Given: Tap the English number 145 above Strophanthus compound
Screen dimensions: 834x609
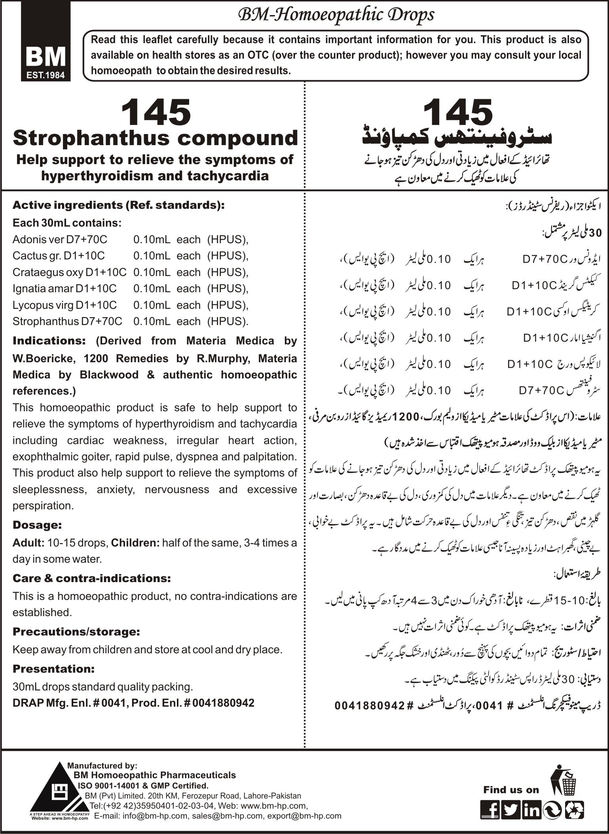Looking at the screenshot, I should coord(156,113).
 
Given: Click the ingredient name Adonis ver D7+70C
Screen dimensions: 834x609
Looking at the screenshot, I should coord(60,240).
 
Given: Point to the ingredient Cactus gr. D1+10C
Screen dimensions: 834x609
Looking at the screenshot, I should coord(59,256).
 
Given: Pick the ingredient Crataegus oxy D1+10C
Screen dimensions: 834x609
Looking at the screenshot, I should coord(69,272).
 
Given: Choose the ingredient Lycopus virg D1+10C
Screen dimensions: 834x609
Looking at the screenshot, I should coord(64,305).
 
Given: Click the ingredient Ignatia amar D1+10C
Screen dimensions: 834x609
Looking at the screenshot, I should coord(65,289).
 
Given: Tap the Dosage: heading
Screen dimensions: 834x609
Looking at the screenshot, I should coord(37,525).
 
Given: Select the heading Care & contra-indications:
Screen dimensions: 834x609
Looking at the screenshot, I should coord(92,578).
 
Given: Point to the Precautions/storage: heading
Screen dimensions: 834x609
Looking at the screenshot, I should coord(76,632).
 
